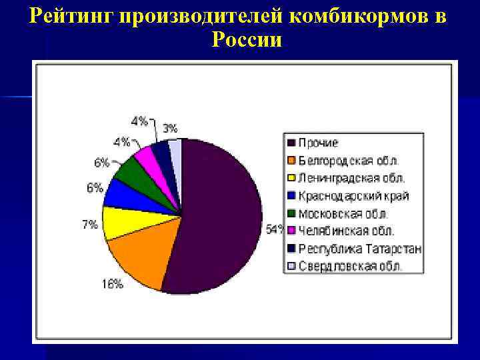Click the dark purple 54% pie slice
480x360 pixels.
coord(220,213)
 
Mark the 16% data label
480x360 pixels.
coord(112,283)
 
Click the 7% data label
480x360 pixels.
coord(89,225)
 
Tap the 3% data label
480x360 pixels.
coord(170,127)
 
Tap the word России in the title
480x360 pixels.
coord(247,39)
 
